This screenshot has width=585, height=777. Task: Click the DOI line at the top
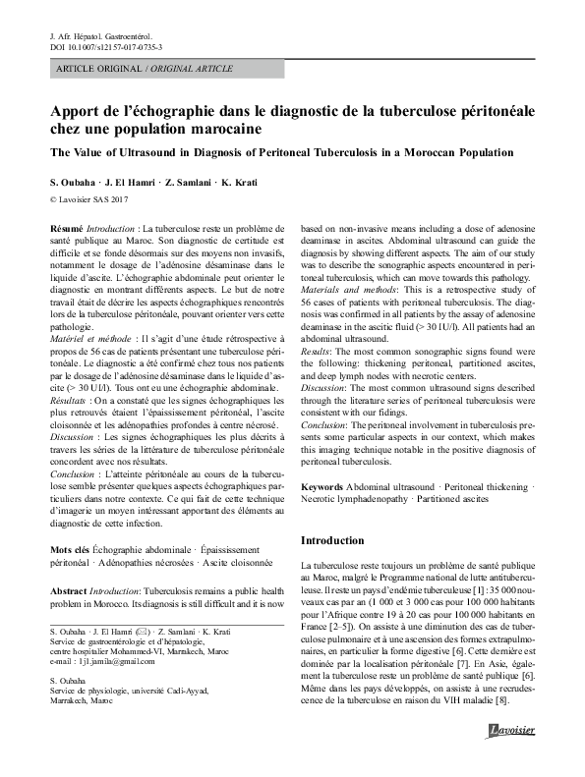pos(106,46)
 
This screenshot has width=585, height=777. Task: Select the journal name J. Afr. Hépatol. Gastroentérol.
pos(105,34)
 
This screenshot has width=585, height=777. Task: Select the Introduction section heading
pos(332,540)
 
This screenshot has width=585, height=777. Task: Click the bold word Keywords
pos(322,486)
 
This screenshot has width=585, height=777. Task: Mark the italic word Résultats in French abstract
pos(73,400)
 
